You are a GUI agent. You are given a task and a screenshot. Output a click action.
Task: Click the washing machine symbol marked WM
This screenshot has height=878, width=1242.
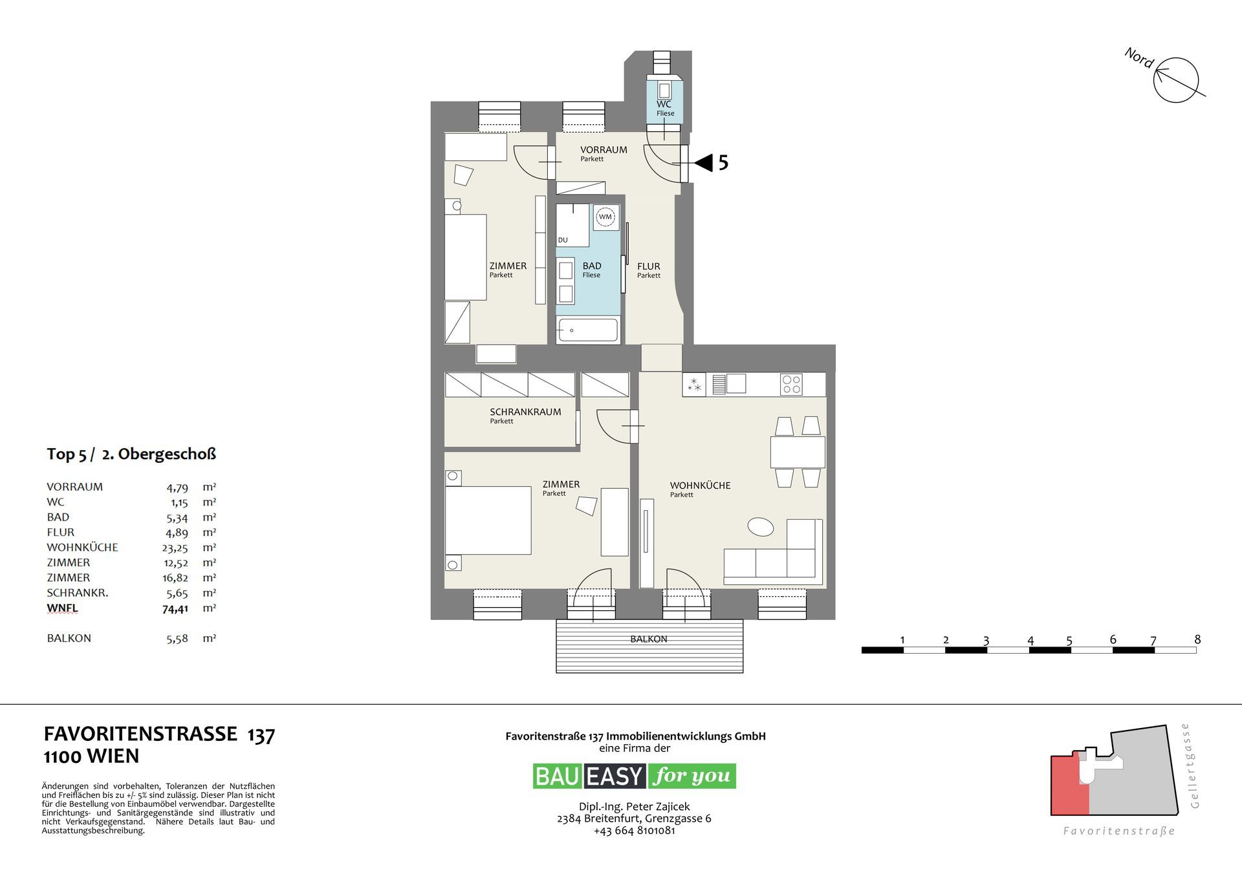tap(605, 217)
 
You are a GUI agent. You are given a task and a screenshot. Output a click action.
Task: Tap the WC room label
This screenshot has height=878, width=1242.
tap(664, 104)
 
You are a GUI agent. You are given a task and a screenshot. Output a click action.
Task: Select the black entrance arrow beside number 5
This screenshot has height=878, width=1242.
tap(703, 162)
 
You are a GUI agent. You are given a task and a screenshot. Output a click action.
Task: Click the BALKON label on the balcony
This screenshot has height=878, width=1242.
tap(649, 639)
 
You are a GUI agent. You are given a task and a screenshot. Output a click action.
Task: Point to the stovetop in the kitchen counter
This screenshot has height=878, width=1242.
tap(792, 385)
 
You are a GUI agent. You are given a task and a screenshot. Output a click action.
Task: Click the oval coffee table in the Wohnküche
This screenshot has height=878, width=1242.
tap(761, 526)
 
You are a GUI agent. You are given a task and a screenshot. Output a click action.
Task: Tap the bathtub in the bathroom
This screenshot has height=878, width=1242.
tap(588, 330)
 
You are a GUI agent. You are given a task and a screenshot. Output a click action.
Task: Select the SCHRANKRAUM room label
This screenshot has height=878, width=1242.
tap(525, 412)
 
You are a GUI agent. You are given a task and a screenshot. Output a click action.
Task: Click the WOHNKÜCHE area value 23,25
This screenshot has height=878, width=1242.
tap(175, 548)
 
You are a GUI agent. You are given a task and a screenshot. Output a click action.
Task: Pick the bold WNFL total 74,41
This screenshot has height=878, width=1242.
tap(175, 608)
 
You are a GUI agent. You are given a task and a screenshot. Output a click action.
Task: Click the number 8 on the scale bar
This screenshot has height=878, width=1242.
tap(1197, 639)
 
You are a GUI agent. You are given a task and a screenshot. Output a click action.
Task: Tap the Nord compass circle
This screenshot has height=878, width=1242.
tap(1177, 80)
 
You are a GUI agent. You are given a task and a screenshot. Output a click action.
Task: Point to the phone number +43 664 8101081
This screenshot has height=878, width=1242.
tap(635, 831)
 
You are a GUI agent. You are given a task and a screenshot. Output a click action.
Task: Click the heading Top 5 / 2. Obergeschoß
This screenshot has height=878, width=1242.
tap(131, 454)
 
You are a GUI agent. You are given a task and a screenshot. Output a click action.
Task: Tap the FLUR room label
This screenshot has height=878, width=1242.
tap(649, 266)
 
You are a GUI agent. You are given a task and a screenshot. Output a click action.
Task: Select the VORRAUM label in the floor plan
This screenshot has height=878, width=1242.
tap(604, 150)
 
